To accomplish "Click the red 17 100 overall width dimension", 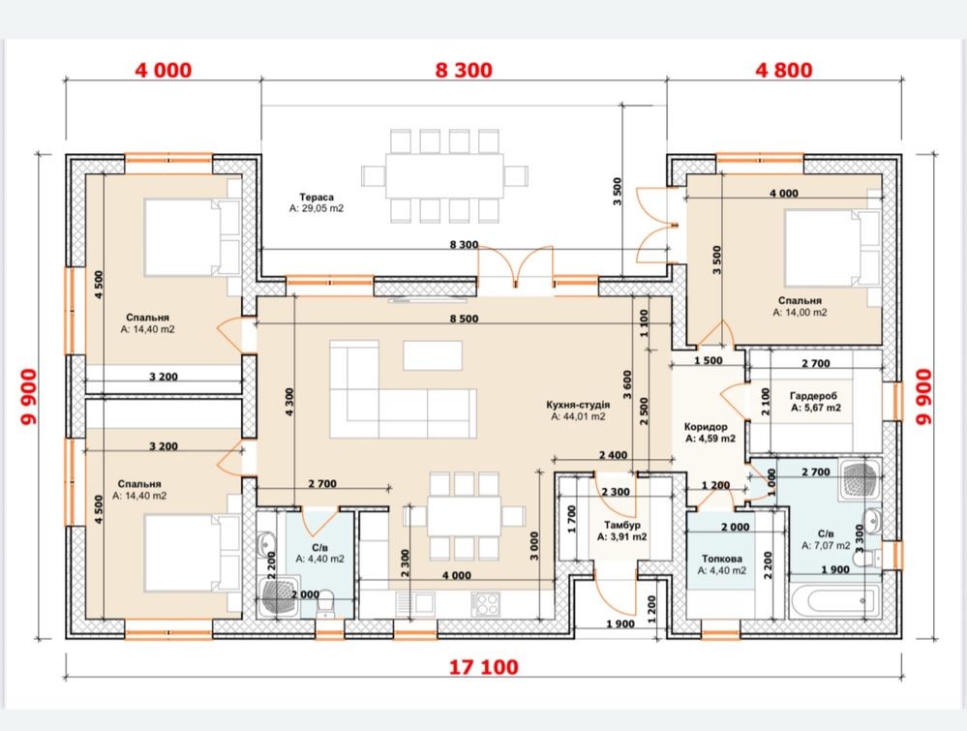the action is tap(483, 667).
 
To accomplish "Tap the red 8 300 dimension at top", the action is tap(464, 70).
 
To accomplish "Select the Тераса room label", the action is tap(317, 198).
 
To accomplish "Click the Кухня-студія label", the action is tap(578, 405).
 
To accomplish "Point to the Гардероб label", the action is tap(813, 396).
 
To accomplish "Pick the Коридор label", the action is tap(706, 427).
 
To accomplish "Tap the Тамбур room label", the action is tap(621, 525).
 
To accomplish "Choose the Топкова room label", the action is tap(721, 559).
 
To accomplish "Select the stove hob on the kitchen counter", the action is tap(486, 603).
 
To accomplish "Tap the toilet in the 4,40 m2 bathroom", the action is tap(324, 604).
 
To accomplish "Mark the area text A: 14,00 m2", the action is tap(800, 312).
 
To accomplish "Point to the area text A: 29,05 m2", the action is tap(317, 208).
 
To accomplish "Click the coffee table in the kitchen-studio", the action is tap(433, 355).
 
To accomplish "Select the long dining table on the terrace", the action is tap(444, 176).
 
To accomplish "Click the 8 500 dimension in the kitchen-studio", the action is tap(464, 319).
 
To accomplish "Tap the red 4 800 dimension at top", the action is tap(784, 70).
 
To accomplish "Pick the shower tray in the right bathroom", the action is tap(860, 479).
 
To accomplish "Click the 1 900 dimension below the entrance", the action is tap(620, 624).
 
